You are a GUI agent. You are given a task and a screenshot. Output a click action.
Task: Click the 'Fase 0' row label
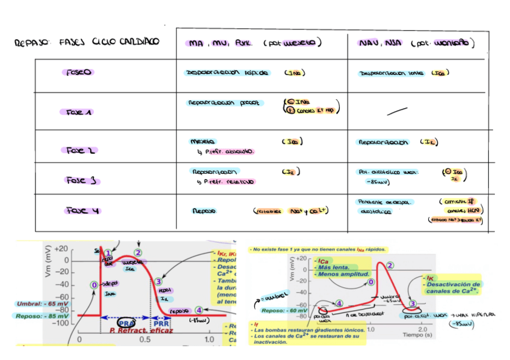coord(78,72)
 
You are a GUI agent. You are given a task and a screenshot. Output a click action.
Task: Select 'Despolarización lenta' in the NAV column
coord(387,73)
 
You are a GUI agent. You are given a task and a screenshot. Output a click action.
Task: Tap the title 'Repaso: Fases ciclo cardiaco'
coord(88,42)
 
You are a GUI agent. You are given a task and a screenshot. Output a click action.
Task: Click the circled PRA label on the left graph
coord(127,323)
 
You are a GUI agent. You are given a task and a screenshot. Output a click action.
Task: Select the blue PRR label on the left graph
coord(160,323)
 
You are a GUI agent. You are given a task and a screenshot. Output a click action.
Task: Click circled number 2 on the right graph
coord(390,265)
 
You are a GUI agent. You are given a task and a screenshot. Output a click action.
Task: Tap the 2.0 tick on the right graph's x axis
coord(423,329)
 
